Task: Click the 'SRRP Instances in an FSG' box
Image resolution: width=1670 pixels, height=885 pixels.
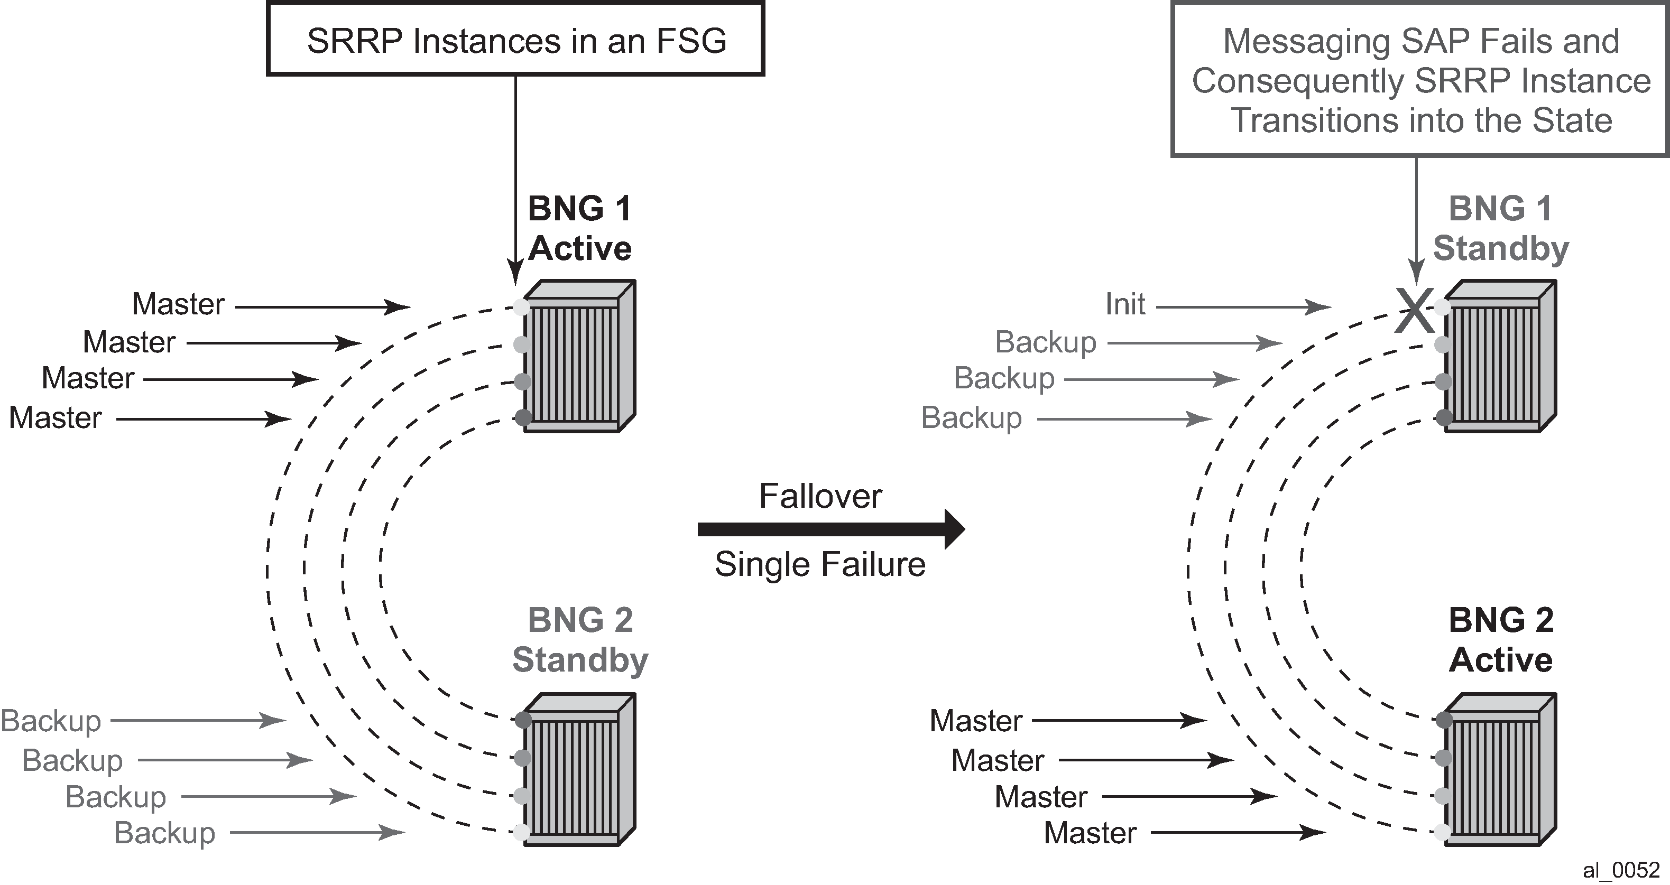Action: pos(515,40)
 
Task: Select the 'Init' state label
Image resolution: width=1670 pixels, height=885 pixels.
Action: pos(1125,304)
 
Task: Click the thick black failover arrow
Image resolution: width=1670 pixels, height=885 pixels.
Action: pos(830,529)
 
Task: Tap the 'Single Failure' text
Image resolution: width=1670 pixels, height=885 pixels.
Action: pos(820,564)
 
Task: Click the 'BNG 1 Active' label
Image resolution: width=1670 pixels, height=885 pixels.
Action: pos(579,229)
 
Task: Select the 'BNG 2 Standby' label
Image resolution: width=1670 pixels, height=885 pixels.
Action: pos(579,640)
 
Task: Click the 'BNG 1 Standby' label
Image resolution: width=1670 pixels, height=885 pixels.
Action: pos(1500,229)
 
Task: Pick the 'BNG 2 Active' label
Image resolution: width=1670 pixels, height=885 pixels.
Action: pos(1500,640)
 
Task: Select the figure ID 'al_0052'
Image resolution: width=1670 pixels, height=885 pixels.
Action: pos(1621,870)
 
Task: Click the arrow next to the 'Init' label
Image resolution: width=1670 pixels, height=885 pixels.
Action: pos(1243,307)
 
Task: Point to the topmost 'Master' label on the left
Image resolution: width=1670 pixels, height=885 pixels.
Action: pos(178,304)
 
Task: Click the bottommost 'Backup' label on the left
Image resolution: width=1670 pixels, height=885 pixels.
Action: pos(164,833)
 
